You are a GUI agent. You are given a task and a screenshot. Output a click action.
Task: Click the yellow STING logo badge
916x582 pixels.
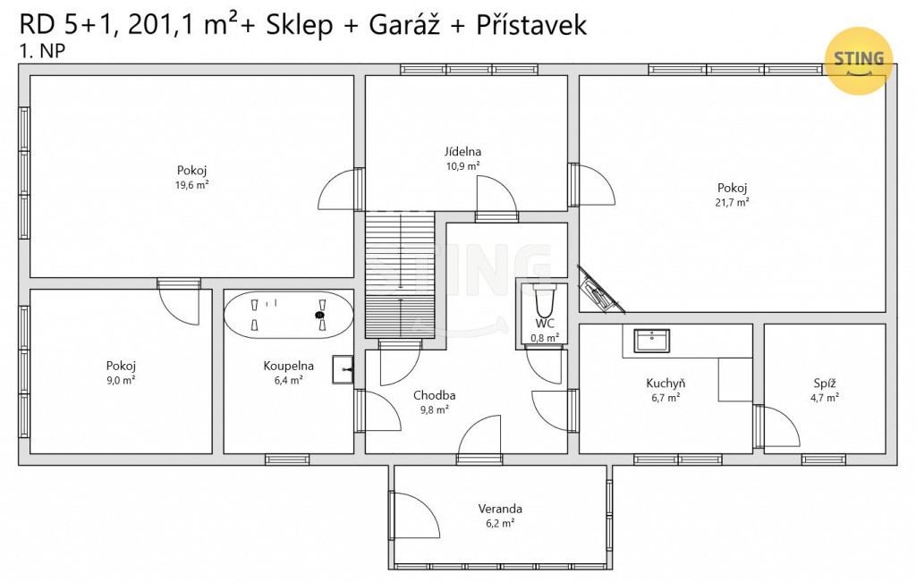(858, 61)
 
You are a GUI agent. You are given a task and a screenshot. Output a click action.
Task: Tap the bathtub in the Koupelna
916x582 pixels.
(289, 315)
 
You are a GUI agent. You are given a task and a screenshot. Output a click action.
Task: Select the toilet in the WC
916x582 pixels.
(545, 300)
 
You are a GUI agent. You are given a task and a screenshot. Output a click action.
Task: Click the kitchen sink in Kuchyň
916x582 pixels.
(651, 341)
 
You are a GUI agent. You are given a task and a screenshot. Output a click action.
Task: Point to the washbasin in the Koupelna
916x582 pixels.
(343, 369)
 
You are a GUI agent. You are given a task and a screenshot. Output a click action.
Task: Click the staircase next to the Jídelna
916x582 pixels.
(400, 274)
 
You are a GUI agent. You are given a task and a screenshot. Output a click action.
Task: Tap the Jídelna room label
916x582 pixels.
(462, 152)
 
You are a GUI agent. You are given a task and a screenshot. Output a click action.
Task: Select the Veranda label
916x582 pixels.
(500, 509)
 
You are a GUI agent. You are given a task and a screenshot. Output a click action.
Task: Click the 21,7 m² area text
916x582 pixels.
(732, 203)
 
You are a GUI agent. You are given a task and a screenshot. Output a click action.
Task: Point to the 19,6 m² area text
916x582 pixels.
(191, 185)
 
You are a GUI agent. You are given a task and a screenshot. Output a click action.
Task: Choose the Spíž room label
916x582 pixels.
(824, 384)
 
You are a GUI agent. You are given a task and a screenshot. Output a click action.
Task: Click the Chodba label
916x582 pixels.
(434, 395)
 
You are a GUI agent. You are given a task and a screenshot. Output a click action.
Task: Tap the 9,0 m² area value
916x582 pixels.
(121, 381)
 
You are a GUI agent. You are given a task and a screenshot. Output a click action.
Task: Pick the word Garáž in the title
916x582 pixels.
(403, 25)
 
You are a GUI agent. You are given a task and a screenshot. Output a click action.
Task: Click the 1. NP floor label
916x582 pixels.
(42, 51)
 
